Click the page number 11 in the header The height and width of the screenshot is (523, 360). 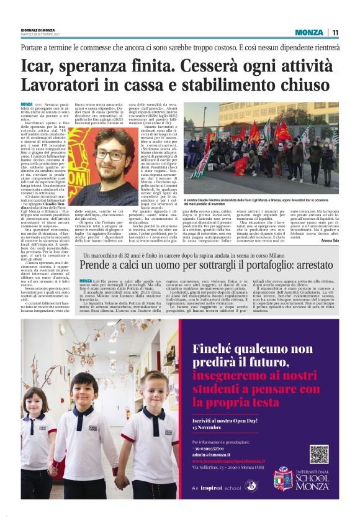[335, 32]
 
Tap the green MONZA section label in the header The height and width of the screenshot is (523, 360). [308, 32]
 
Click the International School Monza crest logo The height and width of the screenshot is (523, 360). [283, 478]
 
